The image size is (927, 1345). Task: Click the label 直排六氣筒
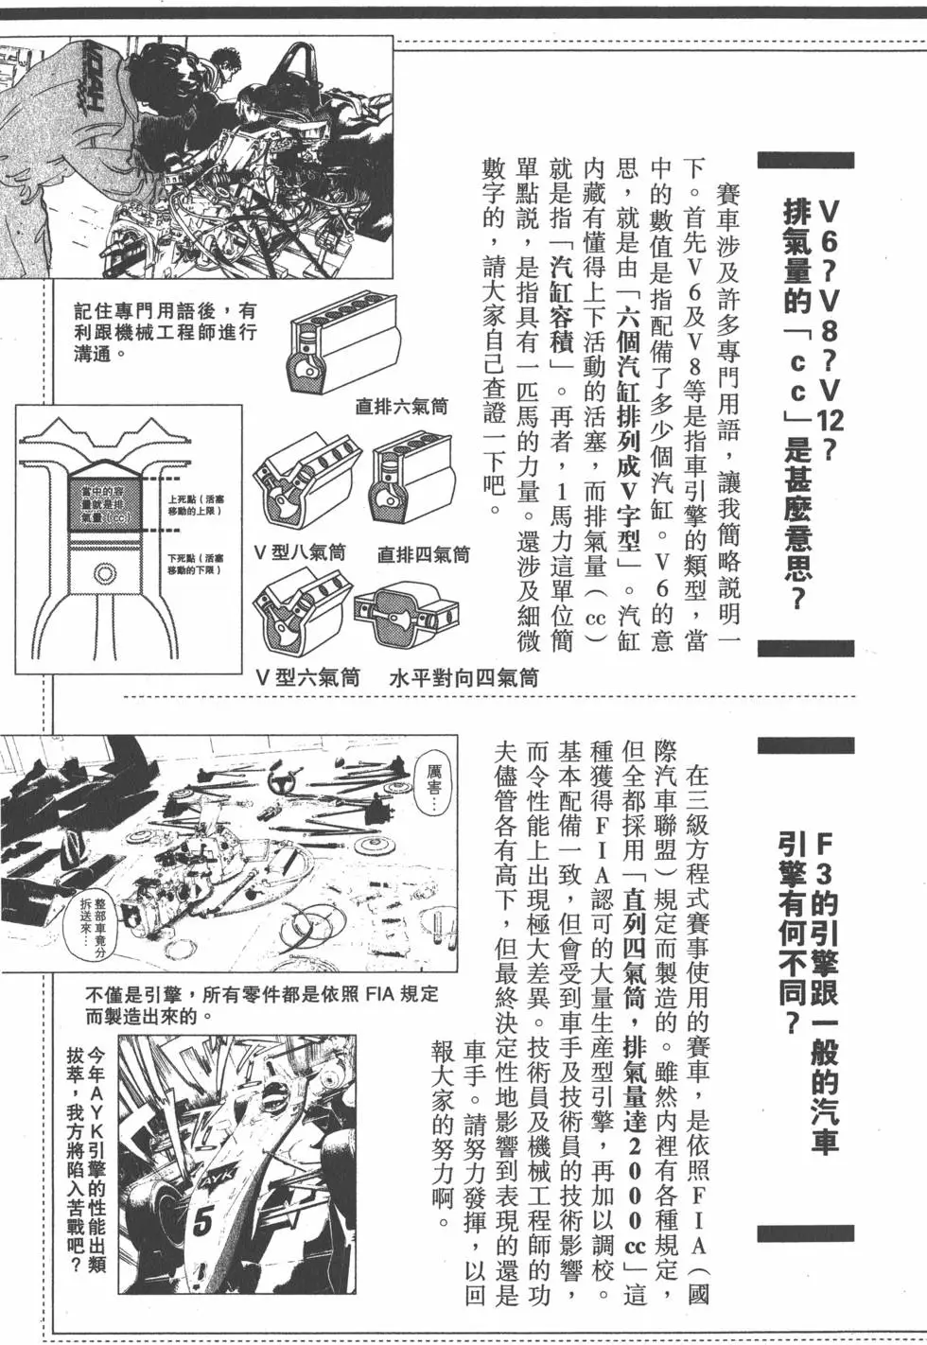pos(401,407)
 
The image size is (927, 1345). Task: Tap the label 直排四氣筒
pos(423,555)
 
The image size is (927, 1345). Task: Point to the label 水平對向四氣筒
pos(463,677)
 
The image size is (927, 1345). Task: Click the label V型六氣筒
pos(307,677)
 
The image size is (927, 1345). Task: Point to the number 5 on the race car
pos(202,1221)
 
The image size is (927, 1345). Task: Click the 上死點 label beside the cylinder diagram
pos(193,505)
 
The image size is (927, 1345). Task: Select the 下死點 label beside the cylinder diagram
pos(195,564)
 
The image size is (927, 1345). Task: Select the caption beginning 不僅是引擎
pos(261,1005)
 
